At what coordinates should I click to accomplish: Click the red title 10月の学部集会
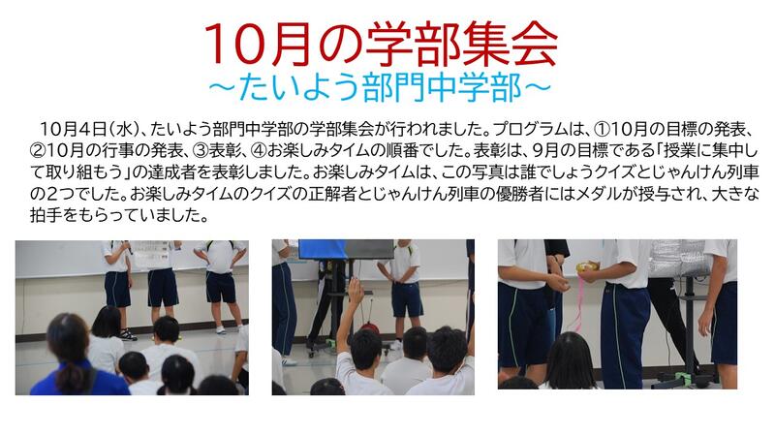(x=380, y=44)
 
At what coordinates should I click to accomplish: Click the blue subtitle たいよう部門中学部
(x=380, y=88)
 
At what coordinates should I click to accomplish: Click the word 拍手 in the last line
(x=46, y=216)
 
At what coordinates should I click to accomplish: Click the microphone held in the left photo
(x=128, y=247)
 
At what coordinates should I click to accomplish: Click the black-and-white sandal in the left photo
(x=128, y=334)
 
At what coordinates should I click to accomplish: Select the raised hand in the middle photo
(x=356, y=290)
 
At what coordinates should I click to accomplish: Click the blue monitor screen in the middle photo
(x=322, y=250)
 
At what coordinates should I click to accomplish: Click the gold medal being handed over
(x=587, y=267)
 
